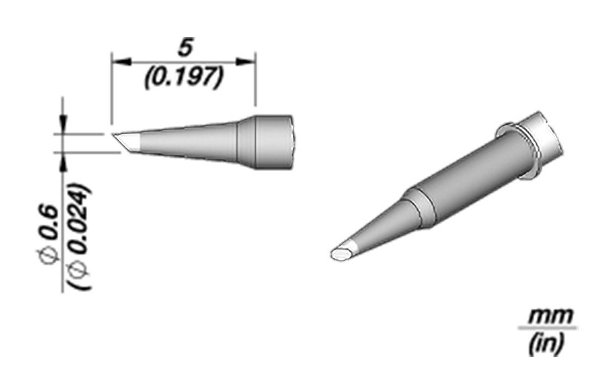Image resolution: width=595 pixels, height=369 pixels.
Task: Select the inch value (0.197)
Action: [183, 78]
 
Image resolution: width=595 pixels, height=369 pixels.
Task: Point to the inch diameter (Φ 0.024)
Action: [79, 237]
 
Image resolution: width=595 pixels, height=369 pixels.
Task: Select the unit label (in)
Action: [545, 343]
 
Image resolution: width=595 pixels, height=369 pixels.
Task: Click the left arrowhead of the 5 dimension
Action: [121, 61]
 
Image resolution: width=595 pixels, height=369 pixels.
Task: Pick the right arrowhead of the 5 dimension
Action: [245, 61]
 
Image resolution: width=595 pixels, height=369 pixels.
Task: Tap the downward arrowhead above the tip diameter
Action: [63, 124]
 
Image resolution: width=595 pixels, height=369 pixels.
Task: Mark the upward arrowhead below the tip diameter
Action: [63, 162]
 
